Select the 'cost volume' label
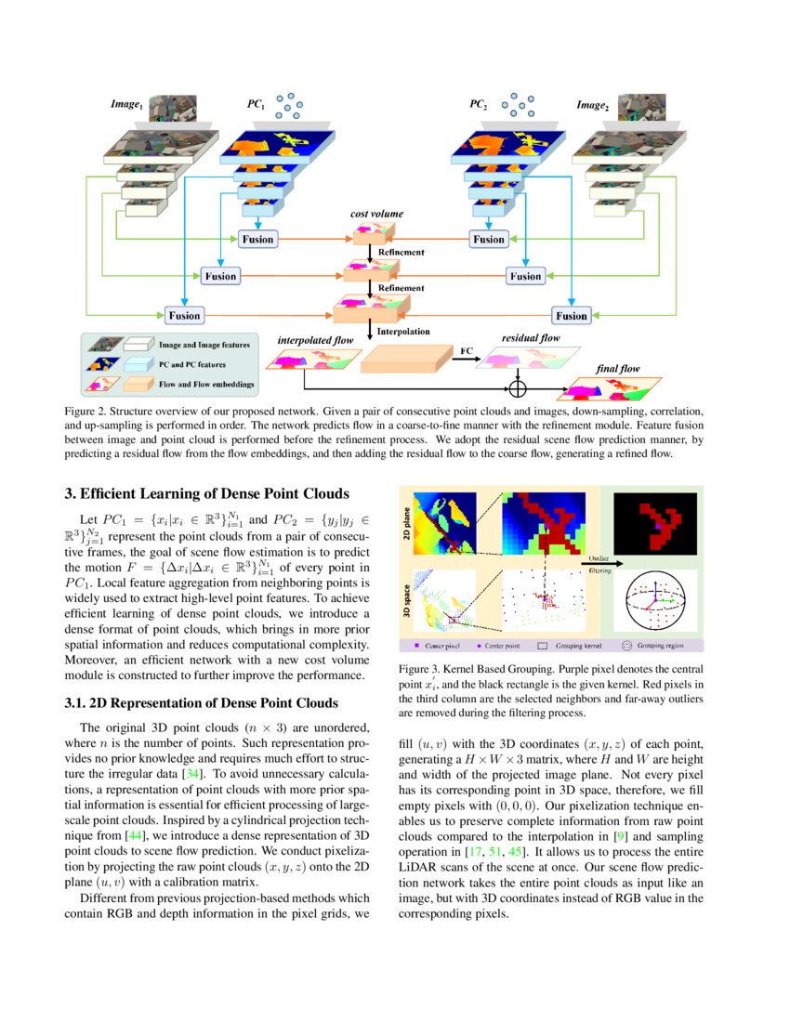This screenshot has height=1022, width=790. point(376,214)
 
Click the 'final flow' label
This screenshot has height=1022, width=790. point(618,369)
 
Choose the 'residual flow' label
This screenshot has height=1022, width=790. point(531,338)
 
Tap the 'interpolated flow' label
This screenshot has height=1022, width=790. point(316,340)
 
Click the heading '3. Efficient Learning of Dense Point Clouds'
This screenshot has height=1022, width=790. point(206,492)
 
